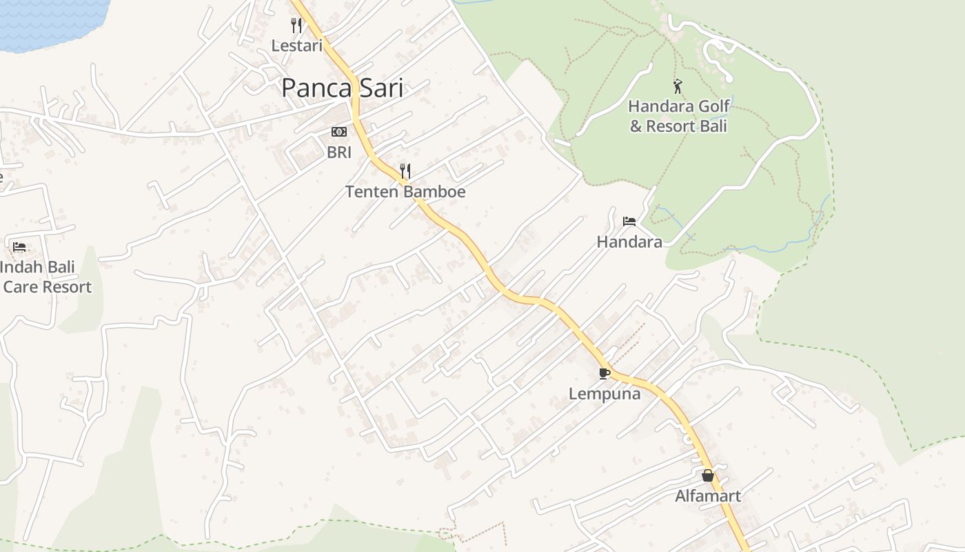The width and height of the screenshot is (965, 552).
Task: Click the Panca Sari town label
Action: [342, 88]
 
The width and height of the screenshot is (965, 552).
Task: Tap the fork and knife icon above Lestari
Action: [296, 26]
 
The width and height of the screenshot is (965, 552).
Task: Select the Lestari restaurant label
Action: [296, 46]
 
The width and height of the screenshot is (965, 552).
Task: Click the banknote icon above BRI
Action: [339, 132]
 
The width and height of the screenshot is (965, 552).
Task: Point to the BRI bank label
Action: [339, 152]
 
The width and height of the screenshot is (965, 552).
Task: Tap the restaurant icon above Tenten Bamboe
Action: [405, 170]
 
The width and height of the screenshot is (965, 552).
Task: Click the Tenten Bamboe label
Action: [405, 192]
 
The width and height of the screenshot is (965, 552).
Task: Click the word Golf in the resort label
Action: [713, 107]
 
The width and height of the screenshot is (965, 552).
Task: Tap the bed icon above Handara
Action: [629, 221]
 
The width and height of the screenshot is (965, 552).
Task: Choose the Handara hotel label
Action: [629, 242]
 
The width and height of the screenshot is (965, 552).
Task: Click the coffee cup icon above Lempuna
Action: [605, 374]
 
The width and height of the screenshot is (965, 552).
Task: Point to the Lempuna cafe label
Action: [605, 394]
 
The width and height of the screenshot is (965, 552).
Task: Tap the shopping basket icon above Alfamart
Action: [708, 475]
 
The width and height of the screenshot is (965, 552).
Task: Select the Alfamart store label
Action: [708, 496]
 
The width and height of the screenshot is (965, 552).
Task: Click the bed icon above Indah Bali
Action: [19, 246]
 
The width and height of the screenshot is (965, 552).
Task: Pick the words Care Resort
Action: [48, 287]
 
